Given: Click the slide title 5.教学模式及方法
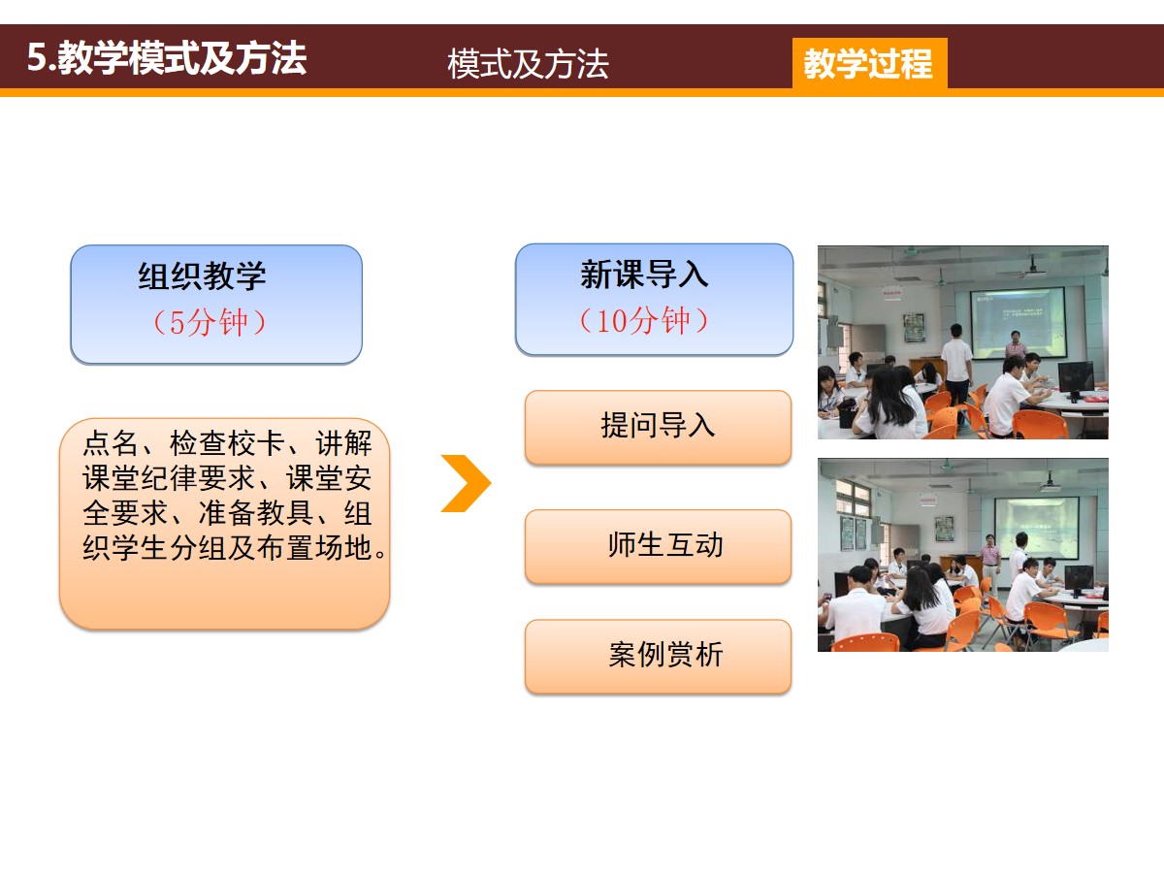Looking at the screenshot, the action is [x=167, y=58].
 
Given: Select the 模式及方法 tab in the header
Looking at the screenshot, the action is [x=528, y=64].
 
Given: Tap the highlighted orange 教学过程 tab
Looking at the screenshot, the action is [x=870, y=63].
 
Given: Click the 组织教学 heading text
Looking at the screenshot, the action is [x=202, y=275].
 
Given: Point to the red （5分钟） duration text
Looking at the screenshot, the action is [x=210, y=322].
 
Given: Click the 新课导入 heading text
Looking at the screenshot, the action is [x=644, y=275].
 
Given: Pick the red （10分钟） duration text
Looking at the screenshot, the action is [x=644, y=320].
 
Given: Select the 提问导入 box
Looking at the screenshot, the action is [x=658, y=427].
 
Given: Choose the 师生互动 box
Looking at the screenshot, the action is [x=658, y=546].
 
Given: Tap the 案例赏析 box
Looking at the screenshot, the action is [x=658, y=657].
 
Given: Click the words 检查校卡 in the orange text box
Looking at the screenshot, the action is [x=227, y=443].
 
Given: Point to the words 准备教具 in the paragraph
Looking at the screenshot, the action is [x=256, y=513].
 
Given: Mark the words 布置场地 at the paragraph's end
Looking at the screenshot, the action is [x=314, y=548].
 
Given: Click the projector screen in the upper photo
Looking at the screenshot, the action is [x=1018, y=322].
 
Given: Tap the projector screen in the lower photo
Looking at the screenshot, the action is [x=1036, y=527].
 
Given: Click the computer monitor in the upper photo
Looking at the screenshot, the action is [x=1076, y=378].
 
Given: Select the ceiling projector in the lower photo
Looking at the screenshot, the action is [x=1050, y=484].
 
